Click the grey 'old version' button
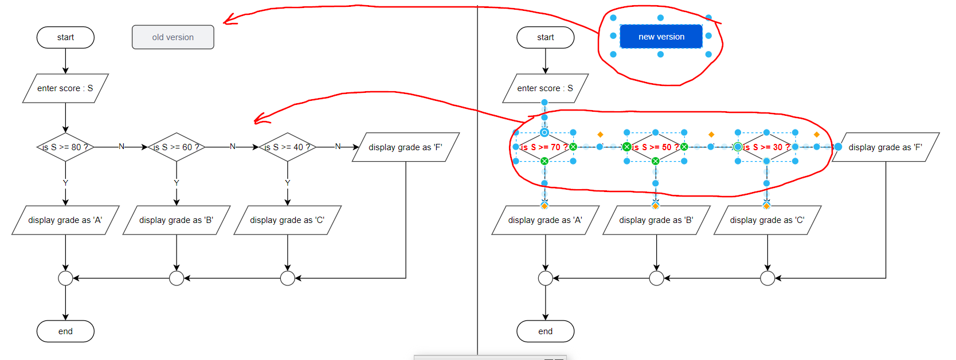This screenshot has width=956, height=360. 173,37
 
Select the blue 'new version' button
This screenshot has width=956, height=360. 661,37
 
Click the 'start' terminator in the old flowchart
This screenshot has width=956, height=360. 65,37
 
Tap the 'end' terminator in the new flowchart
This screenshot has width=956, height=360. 545,331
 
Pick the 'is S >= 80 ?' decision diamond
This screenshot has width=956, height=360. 65,147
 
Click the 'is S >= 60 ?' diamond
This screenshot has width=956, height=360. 177,147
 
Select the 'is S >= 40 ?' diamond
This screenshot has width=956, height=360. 287,147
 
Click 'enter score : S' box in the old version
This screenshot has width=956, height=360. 65,88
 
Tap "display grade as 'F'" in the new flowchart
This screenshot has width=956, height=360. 885,147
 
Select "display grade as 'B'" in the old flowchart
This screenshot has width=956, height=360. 177,220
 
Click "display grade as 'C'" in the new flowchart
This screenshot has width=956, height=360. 767,220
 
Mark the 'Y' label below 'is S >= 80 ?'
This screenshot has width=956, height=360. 65,183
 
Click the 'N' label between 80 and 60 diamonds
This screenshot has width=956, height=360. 121,147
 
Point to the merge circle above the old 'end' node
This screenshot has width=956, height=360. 65,279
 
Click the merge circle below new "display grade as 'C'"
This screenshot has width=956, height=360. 767,279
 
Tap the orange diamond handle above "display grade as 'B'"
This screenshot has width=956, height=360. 655,205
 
